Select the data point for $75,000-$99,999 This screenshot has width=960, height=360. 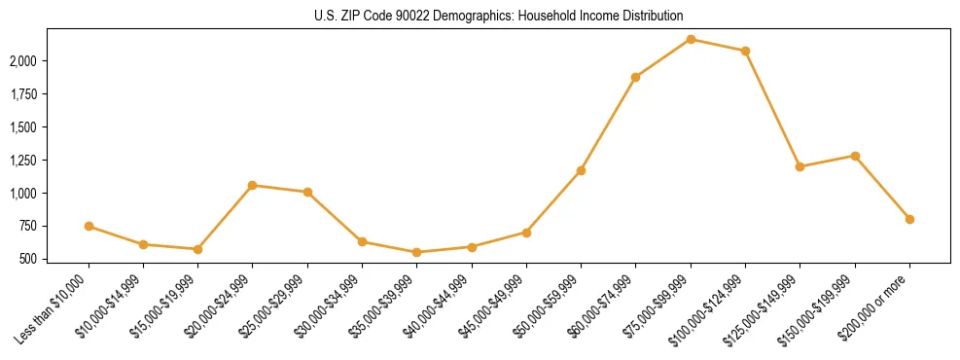(x=691, y=39)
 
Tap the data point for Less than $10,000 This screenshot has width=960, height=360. (x=89, y=226)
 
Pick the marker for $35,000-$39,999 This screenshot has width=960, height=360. (x=416, y=252)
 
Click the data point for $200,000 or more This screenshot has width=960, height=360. (x=909, y=219)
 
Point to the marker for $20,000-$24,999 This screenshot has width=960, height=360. (x=253, y=185)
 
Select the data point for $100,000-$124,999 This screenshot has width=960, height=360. (x=745, y=51)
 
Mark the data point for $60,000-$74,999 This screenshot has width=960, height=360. (x=635, y=77)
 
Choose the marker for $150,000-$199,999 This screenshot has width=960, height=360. (x=855, y=156)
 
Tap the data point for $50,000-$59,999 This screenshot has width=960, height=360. (x=581, y=170)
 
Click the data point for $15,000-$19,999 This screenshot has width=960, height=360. (x=197, y=249)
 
